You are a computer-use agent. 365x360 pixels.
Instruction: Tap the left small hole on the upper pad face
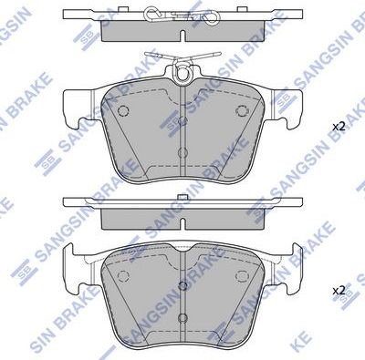126,111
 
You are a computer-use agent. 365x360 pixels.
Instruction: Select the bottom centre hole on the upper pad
183,154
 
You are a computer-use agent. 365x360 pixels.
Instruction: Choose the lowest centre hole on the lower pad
183,314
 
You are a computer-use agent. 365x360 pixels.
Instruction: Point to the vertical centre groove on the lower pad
183,292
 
